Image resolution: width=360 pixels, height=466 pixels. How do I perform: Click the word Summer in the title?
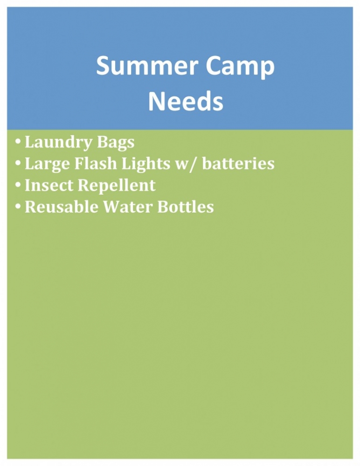click(147, 66)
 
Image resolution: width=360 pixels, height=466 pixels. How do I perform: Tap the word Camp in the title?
click(240, 68)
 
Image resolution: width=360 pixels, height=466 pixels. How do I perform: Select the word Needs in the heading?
click(186, 101)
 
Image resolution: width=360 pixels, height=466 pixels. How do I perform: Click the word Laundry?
click(58, 143)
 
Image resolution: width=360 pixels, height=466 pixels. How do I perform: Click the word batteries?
click(238, 164)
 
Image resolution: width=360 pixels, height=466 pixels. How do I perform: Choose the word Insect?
click(49, 185)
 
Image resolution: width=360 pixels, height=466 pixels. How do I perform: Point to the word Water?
click(128, 207)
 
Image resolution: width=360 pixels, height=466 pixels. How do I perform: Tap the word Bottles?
click(186, 206)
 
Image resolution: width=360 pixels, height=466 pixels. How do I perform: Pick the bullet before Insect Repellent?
click(18, 185)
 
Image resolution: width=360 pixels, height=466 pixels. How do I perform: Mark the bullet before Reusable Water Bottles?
click(18, 206)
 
